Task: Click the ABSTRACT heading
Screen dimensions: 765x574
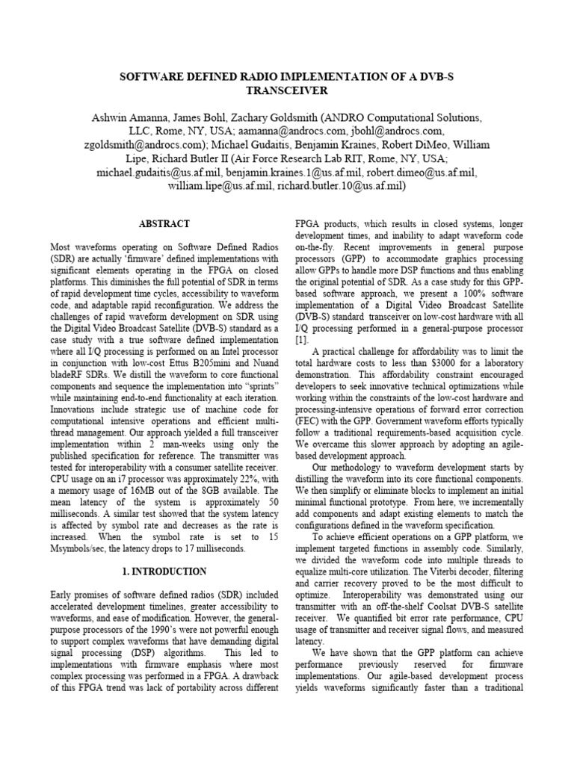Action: point(164,223)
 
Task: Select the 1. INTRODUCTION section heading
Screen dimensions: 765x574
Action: point(164,572)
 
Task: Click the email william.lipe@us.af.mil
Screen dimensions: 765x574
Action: point(214,186)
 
